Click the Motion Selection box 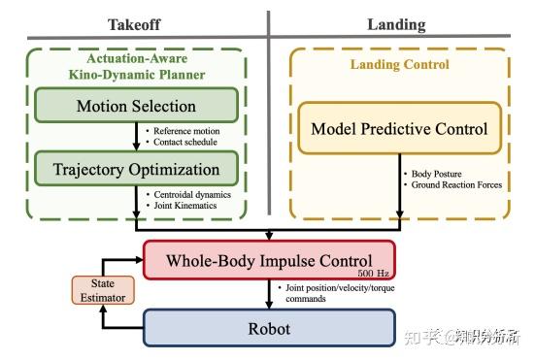pos(136,107)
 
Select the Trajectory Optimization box pos(136,170)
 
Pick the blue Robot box pos(269,328)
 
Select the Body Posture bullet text pos(435,174)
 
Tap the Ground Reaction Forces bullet pos(454,185)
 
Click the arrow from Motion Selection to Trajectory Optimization pos(136,137)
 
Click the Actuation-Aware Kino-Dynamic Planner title pos(136,66)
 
